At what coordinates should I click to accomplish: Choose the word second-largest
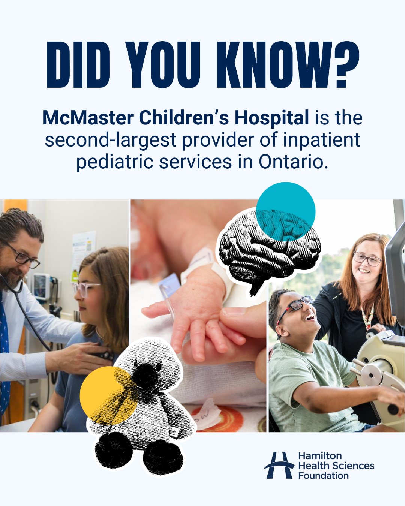110,140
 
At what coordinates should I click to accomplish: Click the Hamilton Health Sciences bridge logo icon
279,465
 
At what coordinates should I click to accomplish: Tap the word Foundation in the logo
323,476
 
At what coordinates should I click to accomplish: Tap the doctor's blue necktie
4,356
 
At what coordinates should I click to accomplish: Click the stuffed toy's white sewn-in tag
173,433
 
